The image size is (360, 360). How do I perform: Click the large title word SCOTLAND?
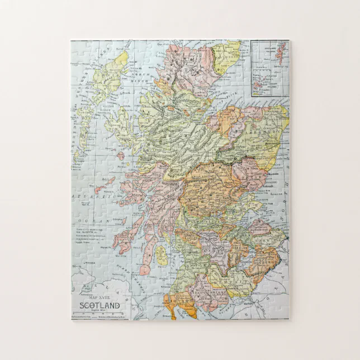[100, 305]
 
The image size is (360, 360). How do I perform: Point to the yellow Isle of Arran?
[161, 254]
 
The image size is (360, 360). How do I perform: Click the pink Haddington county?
[259, 227]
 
